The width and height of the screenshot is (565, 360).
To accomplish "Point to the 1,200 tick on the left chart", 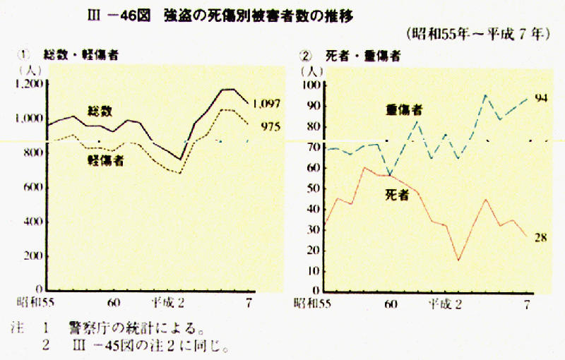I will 30,84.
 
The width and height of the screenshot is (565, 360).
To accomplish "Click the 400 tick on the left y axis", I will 34,222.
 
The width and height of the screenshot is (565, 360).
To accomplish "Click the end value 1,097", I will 266,104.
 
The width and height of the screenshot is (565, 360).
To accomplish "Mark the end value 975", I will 270,127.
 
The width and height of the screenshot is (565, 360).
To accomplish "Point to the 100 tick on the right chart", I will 311,85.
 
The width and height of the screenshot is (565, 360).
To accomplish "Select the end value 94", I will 542,98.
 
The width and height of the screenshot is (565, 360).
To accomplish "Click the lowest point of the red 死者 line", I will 458,260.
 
